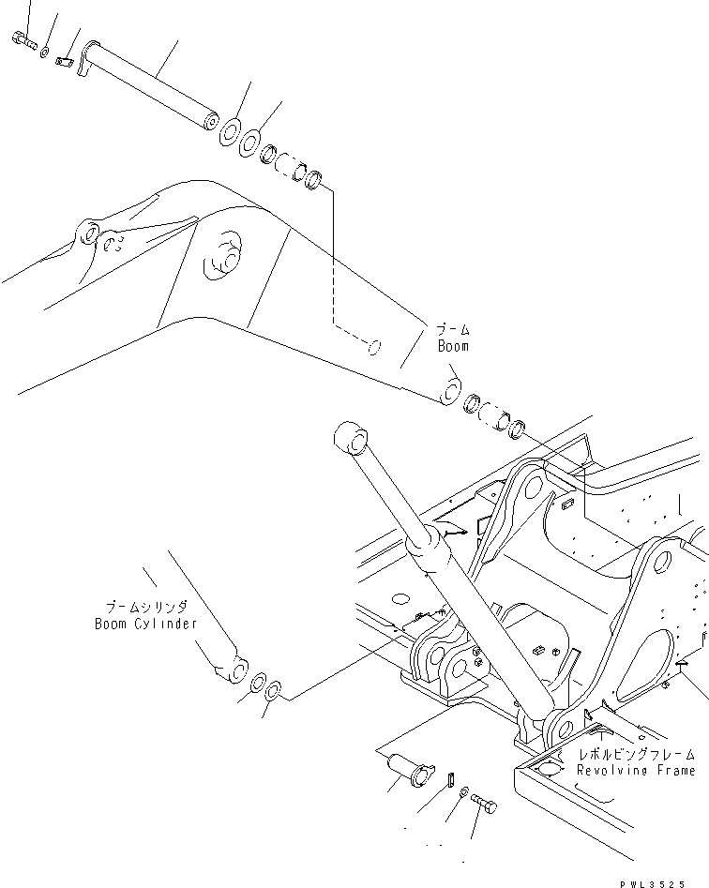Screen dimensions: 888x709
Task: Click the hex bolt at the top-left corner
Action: pos(23,39)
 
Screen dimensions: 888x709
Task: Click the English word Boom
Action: pos(452,346)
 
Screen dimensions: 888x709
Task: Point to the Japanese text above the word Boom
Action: pos(452,330)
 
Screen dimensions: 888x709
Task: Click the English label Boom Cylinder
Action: pos(145,624)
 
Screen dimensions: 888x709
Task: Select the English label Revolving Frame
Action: pos(635,770)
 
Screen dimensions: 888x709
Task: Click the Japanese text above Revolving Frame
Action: pos(637,754)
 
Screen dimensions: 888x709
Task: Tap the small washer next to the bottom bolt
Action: pos(465,794)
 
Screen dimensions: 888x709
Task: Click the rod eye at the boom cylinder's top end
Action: pos(351,438)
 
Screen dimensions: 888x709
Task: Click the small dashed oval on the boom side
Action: pos(374,348)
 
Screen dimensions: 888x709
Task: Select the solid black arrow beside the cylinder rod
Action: pos(453,533)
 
